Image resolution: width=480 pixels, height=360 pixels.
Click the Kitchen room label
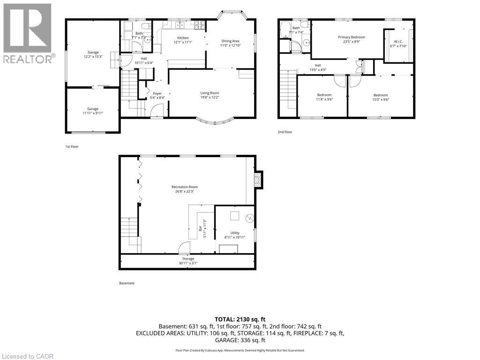click(183, 38)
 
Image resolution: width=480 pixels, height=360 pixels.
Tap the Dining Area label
click(230, 41)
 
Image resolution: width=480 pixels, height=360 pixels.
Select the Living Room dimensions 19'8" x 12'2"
click(210, 97)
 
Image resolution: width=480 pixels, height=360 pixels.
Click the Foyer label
click(157, 94)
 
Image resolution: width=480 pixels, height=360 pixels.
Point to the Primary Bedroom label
click(352, 37)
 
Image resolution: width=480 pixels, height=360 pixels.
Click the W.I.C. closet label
click(398, 41)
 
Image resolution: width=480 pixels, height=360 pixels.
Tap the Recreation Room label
click(185, 187)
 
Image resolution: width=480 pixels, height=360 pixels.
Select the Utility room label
click(235, 233)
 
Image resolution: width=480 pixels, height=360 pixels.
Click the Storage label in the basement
click(188, 259)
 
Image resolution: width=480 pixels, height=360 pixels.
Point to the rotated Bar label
click(200, 228)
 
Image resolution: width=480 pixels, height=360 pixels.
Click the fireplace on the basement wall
click(259, 180)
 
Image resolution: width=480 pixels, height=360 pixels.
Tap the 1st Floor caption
click(72, 147)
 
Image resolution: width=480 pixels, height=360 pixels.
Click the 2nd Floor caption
click(285, 132)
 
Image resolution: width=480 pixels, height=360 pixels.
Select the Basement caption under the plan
click(127, 283)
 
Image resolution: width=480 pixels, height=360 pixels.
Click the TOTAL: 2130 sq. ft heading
click(240, 320)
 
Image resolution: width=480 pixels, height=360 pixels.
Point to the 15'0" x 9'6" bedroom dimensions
click(381, 99)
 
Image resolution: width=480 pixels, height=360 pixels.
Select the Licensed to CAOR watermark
click(27, 356)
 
